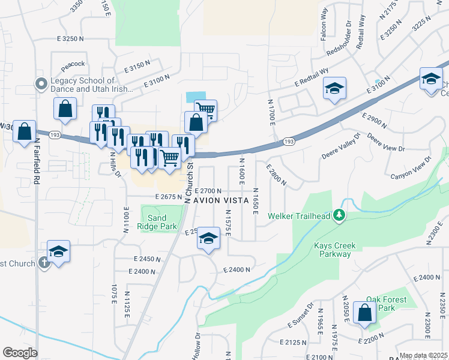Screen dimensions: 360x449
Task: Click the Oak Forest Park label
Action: pos(387,304)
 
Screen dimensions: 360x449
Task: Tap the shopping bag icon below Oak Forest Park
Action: pos(364,313)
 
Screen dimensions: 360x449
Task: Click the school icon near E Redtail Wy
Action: pos(334,89)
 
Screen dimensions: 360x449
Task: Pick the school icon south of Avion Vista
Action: pos(208,238)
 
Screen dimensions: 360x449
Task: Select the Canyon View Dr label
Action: pos(411,168)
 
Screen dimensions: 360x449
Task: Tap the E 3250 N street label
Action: pos(71,38)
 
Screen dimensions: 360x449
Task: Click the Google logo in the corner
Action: pos(20,353)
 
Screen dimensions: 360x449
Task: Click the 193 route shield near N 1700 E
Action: pos(289,142)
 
